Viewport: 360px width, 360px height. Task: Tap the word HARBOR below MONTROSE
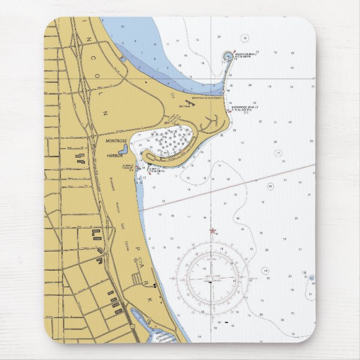tap(115, 157)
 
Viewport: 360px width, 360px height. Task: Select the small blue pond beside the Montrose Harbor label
tap(124, 149)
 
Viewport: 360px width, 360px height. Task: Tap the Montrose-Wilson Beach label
tap(207, 98)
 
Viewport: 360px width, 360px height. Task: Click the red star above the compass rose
tap(212, 230)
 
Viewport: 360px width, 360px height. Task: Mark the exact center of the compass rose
tap(211, 276)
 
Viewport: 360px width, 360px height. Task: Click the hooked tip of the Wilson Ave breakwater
tap(228, 56)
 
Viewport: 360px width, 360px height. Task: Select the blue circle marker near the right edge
tap(311, 277)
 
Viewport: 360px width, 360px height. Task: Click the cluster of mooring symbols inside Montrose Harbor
tap(174, 140)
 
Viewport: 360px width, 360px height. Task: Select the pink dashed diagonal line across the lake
tap(229, 187)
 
